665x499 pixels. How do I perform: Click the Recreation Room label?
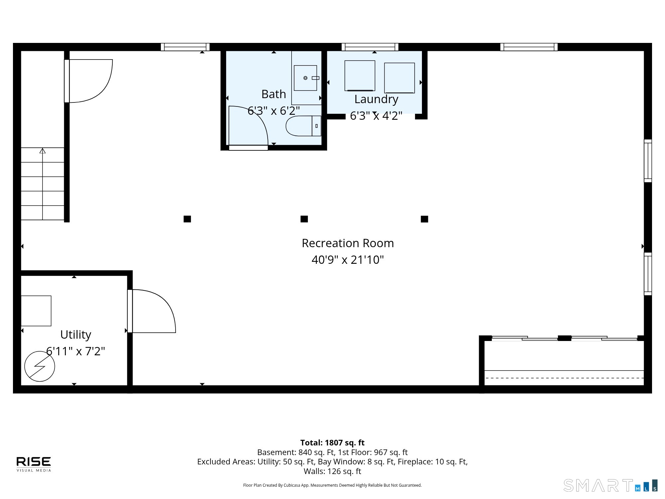point(348,243)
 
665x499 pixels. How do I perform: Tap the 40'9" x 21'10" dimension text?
point(348,259)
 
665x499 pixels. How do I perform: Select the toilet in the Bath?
point(304,126)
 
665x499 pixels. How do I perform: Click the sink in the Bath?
point(305,78)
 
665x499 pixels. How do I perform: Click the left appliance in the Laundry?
point(360,76)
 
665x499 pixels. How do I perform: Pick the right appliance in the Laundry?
point(399,78)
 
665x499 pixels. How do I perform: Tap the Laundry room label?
point(376,99)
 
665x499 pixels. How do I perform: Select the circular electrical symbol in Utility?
point(40,366)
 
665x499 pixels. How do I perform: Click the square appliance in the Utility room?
point(36,311)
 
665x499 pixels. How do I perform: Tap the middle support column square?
point(304,219)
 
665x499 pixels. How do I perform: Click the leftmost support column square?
point(187,219)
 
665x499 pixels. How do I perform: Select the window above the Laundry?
point(370,47)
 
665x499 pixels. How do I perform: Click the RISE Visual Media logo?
point(34,464)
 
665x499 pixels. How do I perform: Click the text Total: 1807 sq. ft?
point(332,443)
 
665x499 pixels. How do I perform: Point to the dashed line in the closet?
point(564,378)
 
